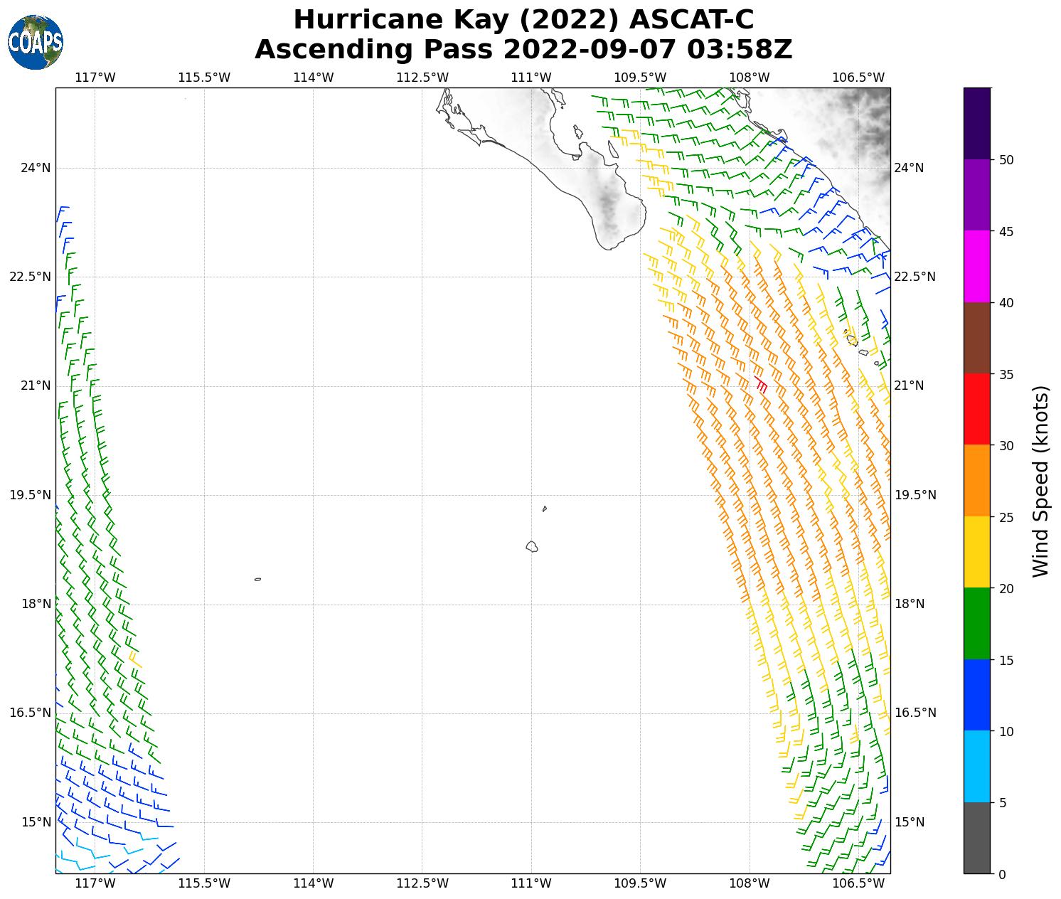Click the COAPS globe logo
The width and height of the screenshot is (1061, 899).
click(36, 43)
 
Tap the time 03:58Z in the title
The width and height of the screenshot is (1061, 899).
click(739, 50)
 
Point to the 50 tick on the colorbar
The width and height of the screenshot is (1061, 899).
click(1006, 160)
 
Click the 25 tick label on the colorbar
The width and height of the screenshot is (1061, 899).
click(1006, 517)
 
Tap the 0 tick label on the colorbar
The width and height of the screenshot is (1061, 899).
click(1002, 874)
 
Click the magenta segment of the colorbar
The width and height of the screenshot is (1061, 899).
click(976, 266)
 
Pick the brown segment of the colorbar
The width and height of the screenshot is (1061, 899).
click(976, 338)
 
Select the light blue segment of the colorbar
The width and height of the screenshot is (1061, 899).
click(976, 766)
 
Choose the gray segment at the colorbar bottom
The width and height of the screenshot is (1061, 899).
click(976, 838)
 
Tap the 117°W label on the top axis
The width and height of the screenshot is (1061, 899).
click(95, 77)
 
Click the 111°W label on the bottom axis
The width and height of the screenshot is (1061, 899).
click(531, 883)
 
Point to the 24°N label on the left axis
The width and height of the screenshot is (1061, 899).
click(36, 168)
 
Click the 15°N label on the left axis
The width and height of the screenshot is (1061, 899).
click(36, 822)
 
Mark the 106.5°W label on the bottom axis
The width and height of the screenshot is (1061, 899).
click(858, 883)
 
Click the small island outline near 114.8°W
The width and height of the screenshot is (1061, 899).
click(257, 579)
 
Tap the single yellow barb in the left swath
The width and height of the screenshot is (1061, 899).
click(134, 659)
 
